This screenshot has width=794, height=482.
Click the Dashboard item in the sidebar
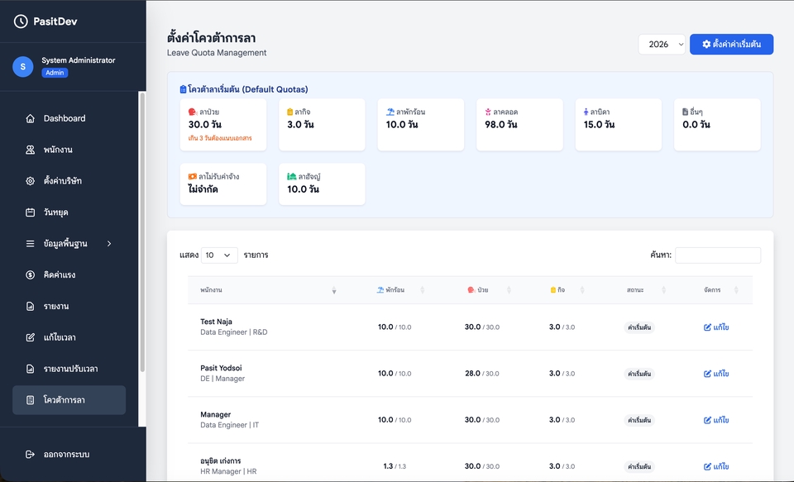tap(65, 118)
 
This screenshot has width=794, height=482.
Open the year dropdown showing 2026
tap(662, 45)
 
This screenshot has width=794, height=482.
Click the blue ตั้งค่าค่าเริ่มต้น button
tap(731, 45)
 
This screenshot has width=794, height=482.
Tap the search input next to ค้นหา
tap(718, 255)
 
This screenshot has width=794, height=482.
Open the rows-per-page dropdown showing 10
tap(219, 255)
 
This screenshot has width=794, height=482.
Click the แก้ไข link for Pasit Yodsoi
tap(716, 374)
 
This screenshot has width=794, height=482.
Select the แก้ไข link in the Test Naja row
tap(716, 327)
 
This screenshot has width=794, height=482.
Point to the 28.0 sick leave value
tap(472, 374)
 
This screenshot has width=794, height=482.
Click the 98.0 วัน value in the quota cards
tap(501, 125)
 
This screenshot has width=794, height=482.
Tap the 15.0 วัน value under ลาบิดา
tap(599, 125)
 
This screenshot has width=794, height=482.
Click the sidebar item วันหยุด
tap(55, 212)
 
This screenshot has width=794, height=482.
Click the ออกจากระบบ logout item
tap(66, 455)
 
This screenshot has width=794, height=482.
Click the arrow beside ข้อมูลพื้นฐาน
tap(109, 244)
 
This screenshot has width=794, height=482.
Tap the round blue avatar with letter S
tap(23, 67)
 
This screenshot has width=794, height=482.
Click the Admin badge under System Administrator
tap(55, 73)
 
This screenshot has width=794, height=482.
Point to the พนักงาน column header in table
tap(211, 290)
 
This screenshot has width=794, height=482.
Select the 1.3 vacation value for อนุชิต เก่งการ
tap(388, 466)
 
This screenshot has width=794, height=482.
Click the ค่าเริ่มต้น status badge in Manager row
tap(639, 420)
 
